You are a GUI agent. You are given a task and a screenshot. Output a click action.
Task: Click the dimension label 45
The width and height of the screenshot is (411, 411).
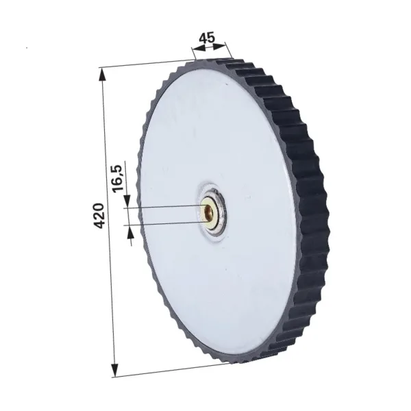click(x=207, y=38)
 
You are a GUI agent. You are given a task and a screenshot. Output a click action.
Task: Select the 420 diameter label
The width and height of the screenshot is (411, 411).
click(x=99, y=216)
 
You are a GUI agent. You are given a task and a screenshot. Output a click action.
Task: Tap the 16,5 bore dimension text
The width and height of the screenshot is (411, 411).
click(x=118, y=178)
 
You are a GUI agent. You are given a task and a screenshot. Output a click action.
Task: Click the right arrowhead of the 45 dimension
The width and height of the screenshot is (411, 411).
click(x=219, y=46)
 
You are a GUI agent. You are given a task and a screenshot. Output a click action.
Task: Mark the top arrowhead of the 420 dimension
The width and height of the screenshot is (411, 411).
click(x=103, y=76)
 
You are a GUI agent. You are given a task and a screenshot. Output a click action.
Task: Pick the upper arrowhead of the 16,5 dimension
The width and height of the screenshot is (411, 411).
click(x=127, y=201)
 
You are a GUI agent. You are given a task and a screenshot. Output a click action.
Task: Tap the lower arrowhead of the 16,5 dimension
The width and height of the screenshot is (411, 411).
click(x=130, y=232)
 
